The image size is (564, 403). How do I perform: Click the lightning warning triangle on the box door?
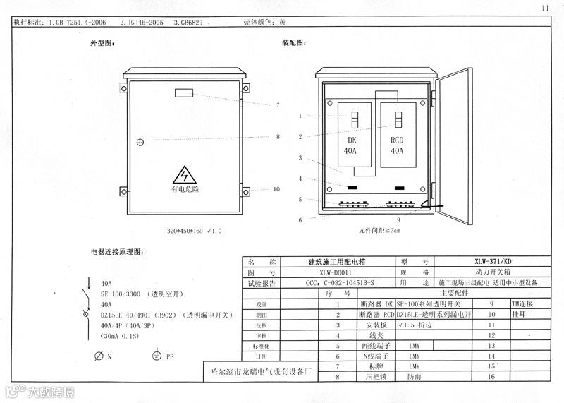click(185, 174)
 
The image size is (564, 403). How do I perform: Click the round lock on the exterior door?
click(140, 142)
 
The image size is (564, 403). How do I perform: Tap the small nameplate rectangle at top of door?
click(185, 92)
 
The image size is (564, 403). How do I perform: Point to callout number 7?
click(278, 105)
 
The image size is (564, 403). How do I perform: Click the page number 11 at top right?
click(545, 8)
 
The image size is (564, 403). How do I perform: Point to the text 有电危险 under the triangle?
click(185, 190)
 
